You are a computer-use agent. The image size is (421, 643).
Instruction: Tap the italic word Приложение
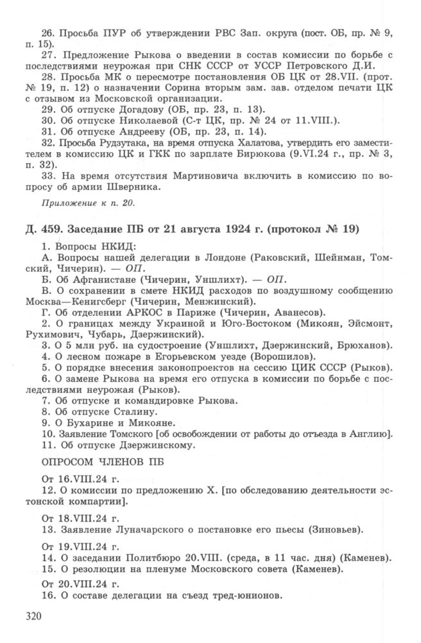tap(69, 205)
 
